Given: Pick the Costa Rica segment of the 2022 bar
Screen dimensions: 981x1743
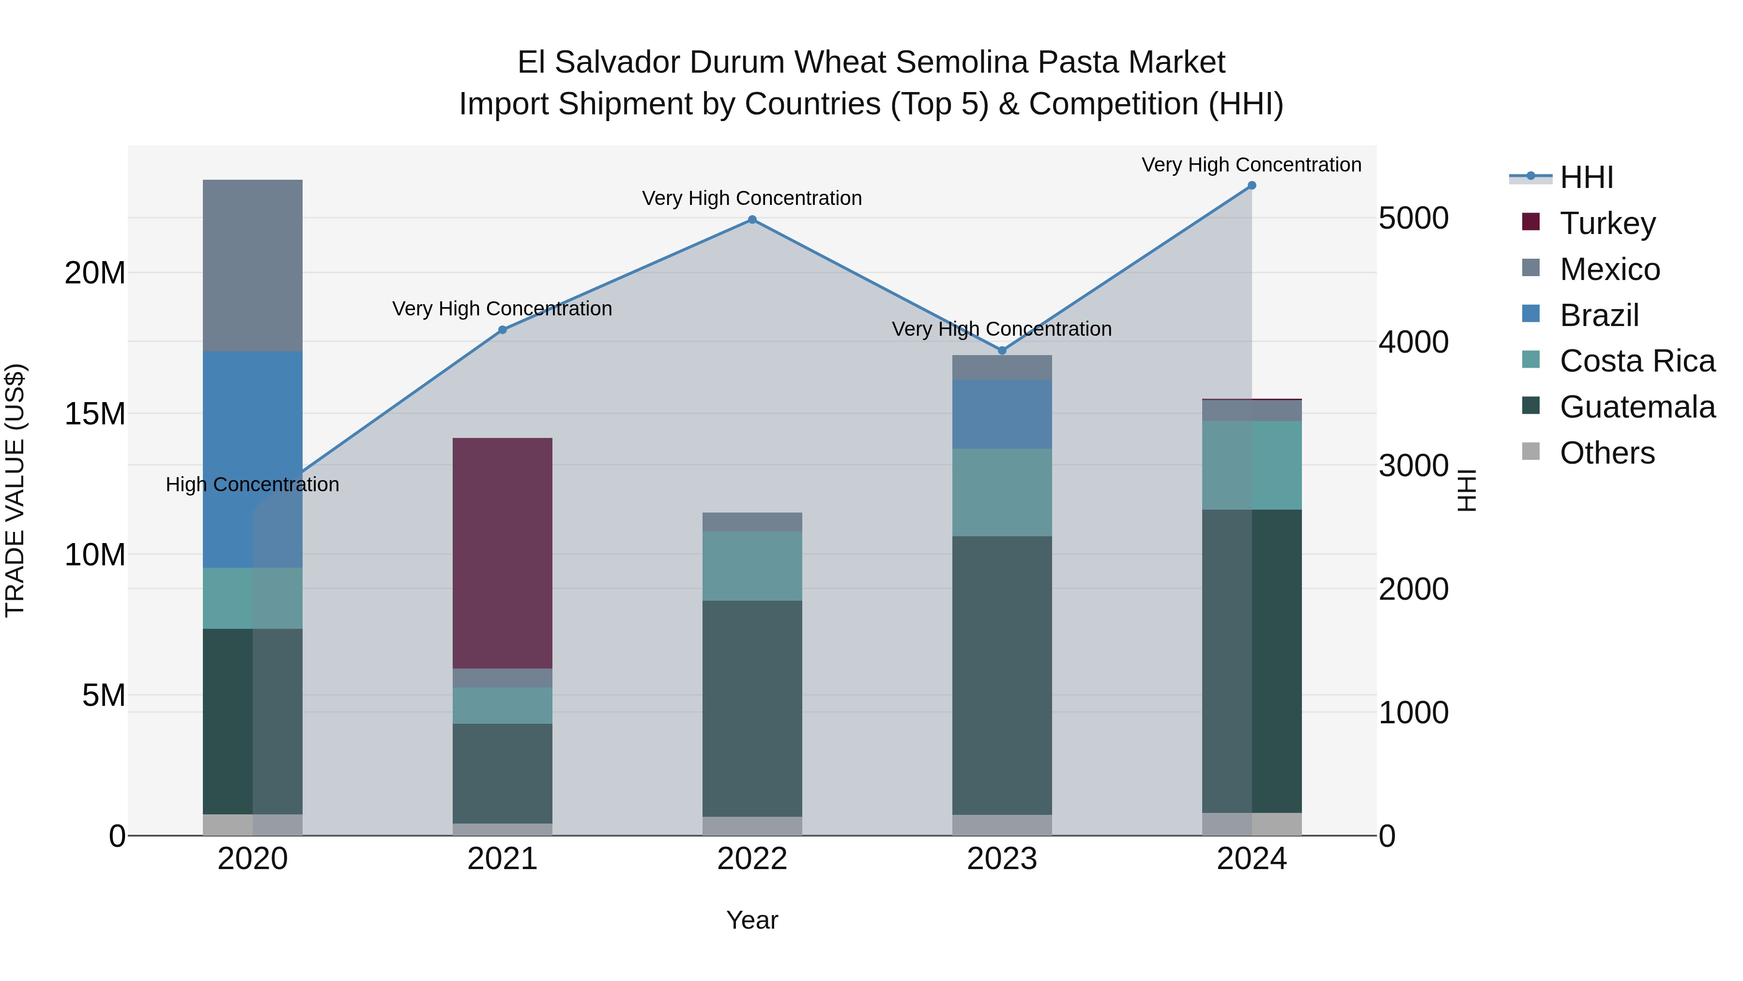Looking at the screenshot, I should click(x=752, y=565).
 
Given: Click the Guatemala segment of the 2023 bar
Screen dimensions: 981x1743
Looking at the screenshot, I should click(x=1001, y=675).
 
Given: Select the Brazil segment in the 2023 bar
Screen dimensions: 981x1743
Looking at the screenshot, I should click(x=1001, y=414).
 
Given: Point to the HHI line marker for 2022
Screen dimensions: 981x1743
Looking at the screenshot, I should click(x=752, y=219).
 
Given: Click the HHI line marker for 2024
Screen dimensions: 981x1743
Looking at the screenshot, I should click(x=1251, y=186).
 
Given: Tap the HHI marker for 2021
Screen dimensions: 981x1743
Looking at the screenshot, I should click(x=502, y=330).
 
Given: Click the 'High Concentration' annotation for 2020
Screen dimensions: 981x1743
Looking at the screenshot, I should click(x=252, y=485).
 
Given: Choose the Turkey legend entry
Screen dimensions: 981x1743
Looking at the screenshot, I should click(x=1607, y=223).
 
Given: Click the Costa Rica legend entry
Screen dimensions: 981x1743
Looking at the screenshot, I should click(x=1637, y=361).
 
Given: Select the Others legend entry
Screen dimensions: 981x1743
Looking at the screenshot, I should click(x=1607, y=453).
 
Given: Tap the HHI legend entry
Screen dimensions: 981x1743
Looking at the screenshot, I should click(x=1586, y=177).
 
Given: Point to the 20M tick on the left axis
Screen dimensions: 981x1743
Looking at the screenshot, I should click(x=95, y=273).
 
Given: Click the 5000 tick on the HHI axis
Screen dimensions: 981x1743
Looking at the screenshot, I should click(x=1413, y=218).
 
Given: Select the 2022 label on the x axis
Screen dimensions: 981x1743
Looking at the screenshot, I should click(x=752, y=859).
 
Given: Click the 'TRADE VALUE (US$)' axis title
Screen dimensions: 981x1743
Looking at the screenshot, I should click(x=15, y=490).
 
